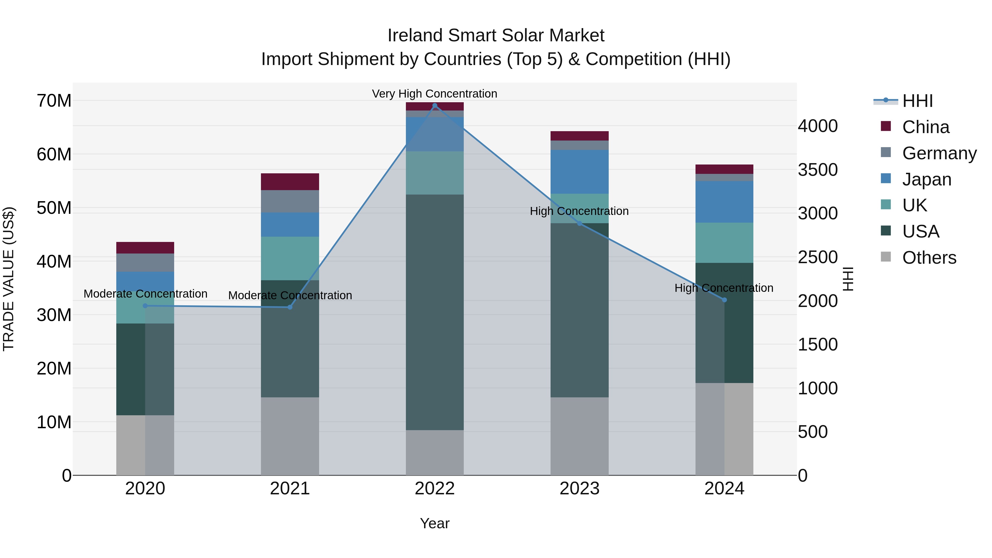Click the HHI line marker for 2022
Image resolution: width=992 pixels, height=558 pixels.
pos(435,106)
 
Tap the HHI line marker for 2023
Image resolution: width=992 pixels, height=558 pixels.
pos(579,223)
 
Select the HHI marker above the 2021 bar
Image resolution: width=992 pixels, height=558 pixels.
pos(290,307)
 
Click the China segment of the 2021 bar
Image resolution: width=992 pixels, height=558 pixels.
pos(290,182)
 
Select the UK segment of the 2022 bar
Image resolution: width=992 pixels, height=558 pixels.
pos(435,173)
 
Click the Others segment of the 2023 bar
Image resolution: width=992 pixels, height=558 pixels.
pos(579,436)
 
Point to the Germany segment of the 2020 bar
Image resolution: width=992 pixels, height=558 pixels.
pos(145,263)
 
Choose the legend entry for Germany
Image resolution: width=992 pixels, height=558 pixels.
pos(939,153)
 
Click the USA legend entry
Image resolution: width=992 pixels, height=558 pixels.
pos(920,231)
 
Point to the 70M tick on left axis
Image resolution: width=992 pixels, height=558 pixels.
pos(54,101)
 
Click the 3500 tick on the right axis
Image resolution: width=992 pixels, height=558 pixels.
pos(817,170)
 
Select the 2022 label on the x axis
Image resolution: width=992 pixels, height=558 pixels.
pos(435,489)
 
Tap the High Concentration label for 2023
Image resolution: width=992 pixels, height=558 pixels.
pos(579,211)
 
